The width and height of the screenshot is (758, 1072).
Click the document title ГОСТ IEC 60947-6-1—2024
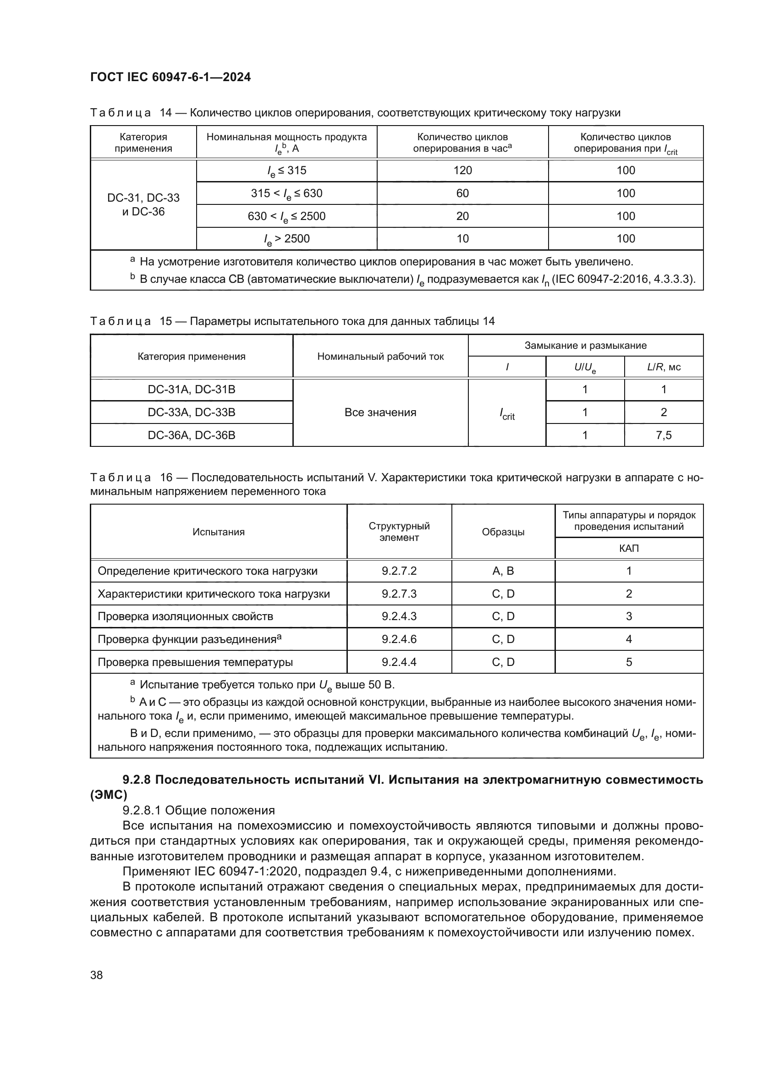[x=170, y=77]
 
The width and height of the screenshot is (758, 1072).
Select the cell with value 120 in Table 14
[x=462, y=170]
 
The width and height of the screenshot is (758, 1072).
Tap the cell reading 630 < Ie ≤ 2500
[x=286, y=216]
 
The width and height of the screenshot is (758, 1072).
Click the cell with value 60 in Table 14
[x=462, y=193]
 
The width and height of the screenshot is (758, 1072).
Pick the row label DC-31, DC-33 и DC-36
[x=143, y=204]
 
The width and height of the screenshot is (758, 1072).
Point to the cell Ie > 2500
[x=286, y=239]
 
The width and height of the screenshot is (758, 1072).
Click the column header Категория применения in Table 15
[x=192, y=357]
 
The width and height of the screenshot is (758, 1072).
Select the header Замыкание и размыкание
[x=585, y=346]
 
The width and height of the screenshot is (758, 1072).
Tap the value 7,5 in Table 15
[x=663, y=435]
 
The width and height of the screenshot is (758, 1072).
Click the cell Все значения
[x=380, y=412]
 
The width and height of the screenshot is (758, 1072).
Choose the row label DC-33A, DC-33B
[x=192, y=412]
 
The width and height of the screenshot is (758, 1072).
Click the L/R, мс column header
[x=663, y=367]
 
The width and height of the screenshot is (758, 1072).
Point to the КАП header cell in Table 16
[x=629, y=548]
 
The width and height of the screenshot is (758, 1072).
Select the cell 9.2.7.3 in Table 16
[x=399, y=594]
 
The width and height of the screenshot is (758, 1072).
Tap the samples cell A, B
[x=503, y=571]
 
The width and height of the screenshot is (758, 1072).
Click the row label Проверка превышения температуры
[x=195, y=662]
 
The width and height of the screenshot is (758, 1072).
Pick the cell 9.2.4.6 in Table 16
[x=399, y=639]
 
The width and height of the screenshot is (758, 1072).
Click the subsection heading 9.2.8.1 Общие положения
[x=198, y=810]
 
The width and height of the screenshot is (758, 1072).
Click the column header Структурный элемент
[x=399, y=532]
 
